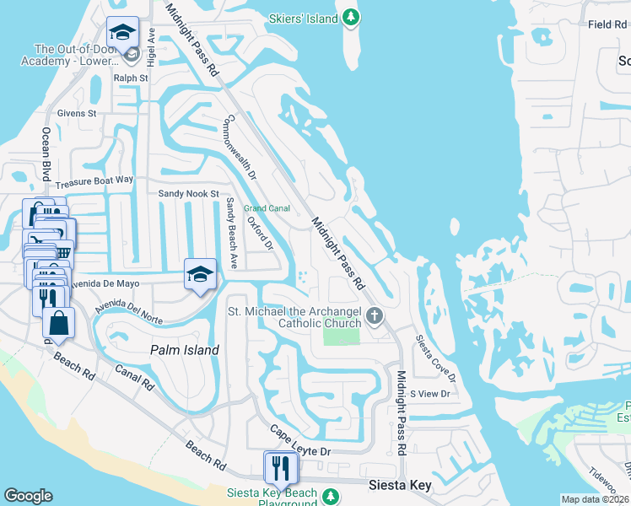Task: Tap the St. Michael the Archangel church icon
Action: tap(375, 317)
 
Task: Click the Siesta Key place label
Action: tap(401, 485)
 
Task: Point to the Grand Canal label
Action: tap(267, 207)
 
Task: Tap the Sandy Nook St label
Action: tap(189, 193)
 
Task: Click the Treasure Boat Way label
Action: tap(94, 180)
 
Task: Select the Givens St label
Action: tap(77, 113)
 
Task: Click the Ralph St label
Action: tap(131, 78)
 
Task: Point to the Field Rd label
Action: tap(607, 24)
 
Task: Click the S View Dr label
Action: tap(429, 394)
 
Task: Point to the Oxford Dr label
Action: tap(260, 233)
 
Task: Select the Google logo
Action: tap(28, 496)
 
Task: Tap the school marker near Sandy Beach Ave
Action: tap(200, 274)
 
